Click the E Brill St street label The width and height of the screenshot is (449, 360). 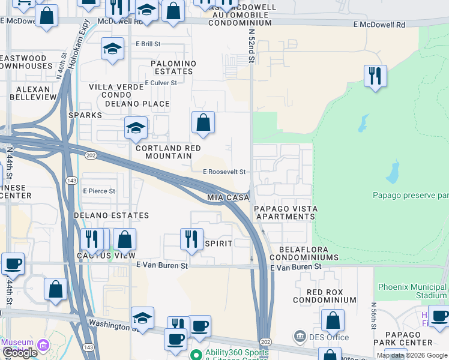tap(148, 44)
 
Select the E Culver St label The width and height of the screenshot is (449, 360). tap(161, 83)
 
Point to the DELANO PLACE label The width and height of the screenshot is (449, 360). tap(137, 104)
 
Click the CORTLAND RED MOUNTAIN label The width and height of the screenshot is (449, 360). tap(168, 152)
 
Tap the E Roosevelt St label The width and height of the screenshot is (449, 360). tap(224, 172)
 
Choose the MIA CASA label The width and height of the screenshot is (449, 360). tap(228, 197)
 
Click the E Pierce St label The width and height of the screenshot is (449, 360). tap(99, 191)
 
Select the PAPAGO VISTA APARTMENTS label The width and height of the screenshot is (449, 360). tap(285, 212)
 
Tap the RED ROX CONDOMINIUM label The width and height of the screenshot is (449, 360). tap(324, 295)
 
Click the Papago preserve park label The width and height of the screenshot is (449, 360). tap(411, 195)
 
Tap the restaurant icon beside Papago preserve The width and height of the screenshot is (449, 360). tap(375, 76)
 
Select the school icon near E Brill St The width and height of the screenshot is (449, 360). tap(112, 49)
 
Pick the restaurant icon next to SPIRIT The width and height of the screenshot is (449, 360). tap(191, 239)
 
